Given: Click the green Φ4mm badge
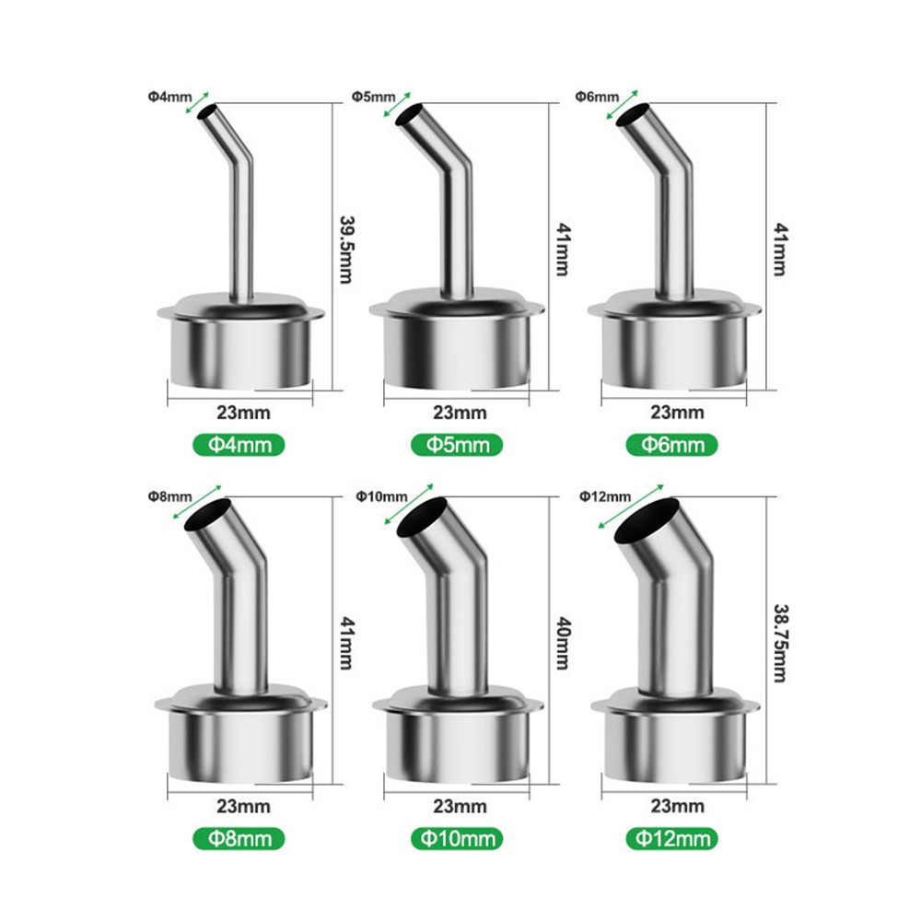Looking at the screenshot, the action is coord(239,445).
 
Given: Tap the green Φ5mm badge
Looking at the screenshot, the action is coord(457,445).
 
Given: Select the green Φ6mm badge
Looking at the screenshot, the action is coord(672,445).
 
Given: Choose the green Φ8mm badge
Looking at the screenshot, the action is coord(239,838).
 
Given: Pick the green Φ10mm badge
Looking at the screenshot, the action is coord(458,838).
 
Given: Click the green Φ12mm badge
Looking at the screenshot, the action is coord(673,838).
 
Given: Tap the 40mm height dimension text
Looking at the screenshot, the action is coord(563,643).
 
